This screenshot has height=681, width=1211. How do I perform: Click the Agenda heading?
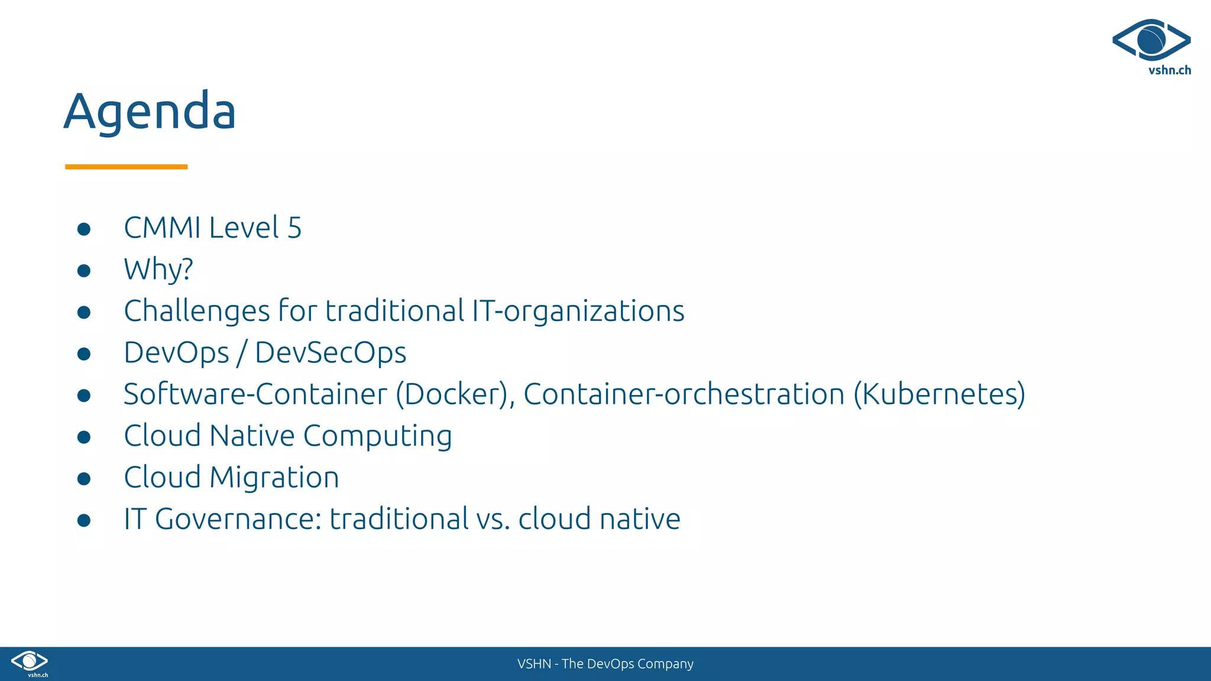pos(150,111)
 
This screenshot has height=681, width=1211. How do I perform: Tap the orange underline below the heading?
pos(126,167)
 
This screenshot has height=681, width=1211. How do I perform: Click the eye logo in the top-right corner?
pos(1151,40)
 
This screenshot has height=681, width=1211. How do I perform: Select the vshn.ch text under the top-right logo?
pos(1170,70)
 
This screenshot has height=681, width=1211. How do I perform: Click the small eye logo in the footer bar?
pos(30,661)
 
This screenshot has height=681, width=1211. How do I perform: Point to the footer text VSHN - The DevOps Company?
pos(605,664)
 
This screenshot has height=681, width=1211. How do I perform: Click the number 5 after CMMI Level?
pos(294,228)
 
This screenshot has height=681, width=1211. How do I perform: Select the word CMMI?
pos(162,228)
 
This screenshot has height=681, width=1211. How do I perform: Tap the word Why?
pos(158,270)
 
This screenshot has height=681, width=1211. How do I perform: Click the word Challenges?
pos(196,312)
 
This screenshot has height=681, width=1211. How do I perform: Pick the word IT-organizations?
pos(578,312)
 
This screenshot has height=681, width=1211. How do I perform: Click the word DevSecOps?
pos(331,353)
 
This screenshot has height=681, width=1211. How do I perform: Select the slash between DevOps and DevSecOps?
pos(241,354)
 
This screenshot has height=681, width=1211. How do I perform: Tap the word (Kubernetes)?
pos(939,394)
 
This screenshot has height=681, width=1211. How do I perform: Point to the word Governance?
pos(238,519)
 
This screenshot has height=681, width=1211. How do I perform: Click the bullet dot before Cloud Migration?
pos(84,478)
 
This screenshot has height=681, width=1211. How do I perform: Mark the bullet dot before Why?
pos(84,271)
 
